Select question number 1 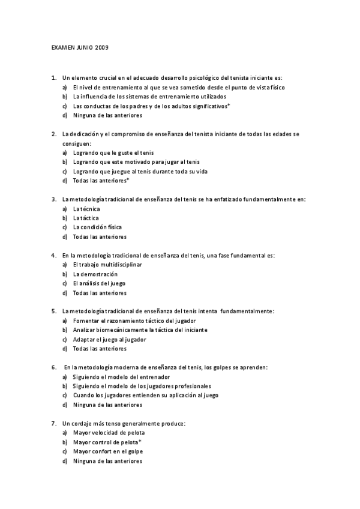(54, 77)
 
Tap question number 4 (54, 255)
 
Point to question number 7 (54, 423)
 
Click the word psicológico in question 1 (205, 77)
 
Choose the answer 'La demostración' (95, 274)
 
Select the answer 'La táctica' (86, 218)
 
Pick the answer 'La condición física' (97, 227)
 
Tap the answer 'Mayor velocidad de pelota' (109, 433)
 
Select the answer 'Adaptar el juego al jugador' (109, 339)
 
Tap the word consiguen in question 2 (76, 143)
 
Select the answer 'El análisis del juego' (99, 283)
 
